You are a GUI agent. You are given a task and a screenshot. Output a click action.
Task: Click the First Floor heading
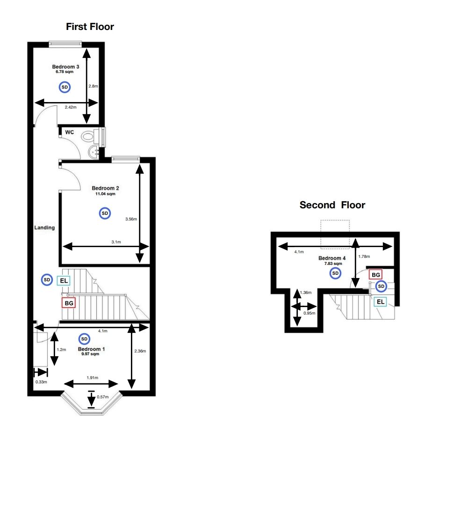click(90, 27)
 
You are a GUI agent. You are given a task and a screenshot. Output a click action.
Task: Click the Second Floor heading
click(332, 205)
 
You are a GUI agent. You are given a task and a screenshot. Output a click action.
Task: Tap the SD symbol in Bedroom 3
click(65, 87)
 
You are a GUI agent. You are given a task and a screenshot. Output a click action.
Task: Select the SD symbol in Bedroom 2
click(105, 213)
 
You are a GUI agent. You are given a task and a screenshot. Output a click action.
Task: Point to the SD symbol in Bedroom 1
click(84, 339)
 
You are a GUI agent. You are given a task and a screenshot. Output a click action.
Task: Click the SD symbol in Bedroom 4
click(335, 273)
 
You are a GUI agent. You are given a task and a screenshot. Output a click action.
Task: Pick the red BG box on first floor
click(69, 303)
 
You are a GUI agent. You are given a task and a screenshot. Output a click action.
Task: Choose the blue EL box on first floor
click(64, 281)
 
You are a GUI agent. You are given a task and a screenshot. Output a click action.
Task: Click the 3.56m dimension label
click(131, 219)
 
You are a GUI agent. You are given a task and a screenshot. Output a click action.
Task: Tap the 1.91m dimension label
click(92, 377)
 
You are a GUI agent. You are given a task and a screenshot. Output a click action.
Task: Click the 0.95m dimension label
click(310, 313)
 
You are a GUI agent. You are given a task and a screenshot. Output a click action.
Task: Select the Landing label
click(44, 228)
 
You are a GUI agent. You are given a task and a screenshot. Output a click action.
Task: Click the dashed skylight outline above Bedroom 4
click(335, 233)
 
